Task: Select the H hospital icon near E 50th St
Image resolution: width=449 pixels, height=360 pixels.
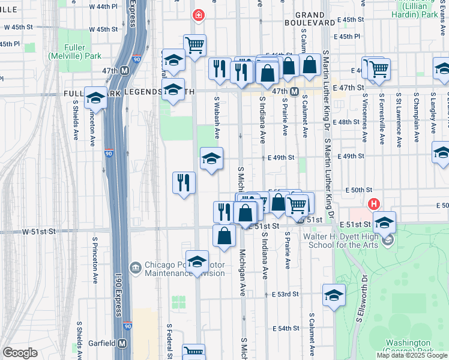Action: (x=375, y=205)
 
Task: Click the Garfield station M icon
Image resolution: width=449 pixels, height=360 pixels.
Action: (x=122, y=343)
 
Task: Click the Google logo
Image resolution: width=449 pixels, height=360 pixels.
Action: (x=20, y=353)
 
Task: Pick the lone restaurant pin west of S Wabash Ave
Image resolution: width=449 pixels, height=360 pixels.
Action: (x=184, y=182)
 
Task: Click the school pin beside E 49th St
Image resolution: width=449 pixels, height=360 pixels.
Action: (x=211, y=159)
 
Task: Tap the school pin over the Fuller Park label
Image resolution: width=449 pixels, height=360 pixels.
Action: (x=95, y=98)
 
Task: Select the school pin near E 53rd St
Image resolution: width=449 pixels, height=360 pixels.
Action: (x=334, y=295)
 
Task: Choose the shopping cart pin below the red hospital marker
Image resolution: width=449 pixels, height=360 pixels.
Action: (x=194, y=45)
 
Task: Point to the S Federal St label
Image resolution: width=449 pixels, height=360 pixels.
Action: (x=170, y=340)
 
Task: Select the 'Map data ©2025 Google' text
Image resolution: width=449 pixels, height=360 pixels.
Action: (x=412, y=355)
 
